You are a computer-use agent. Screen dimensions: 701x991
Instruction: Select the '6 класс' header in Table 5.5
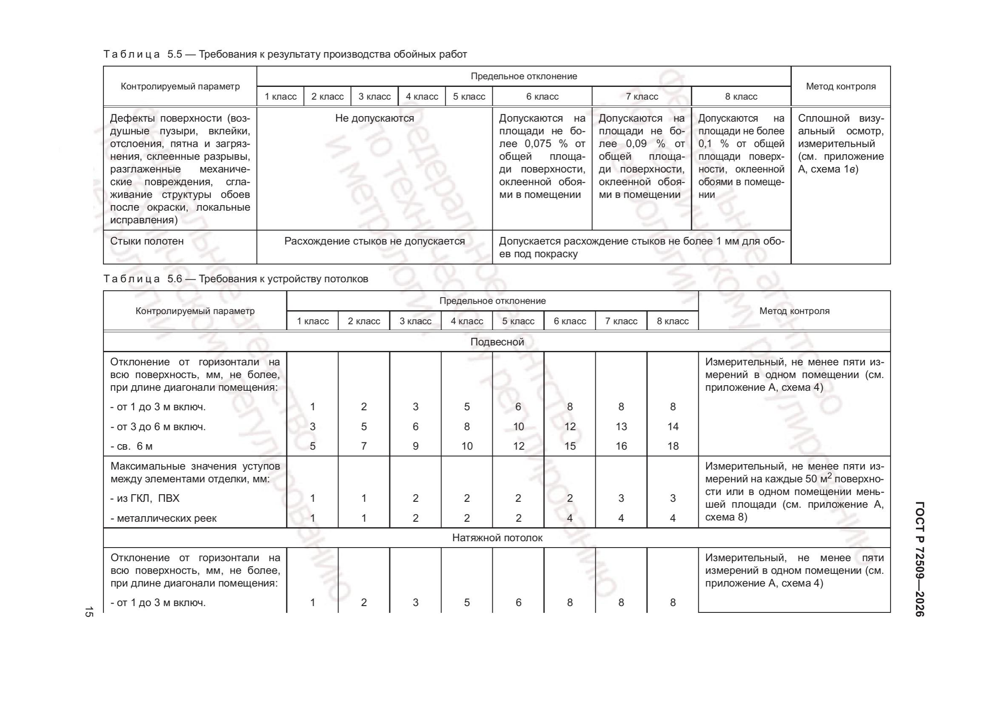(542, 97)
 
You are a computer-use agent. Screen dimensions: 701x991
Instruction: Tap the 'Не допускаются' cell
(374, 118)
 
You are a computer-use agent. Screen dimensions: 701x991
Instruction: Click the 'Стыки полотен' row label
(147, 241)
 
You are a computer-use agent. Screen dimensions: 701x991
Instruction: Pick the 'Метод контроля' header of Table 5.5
(840, 86)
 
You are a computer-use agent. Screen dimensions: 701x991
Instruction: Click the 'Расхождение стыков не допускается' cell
(374, 241)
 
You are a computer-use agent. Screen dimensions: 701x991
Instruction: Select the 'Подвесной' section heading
(497, 342)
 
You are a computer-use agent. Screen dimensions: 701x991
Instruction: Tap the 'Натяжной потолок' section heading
(497, 538)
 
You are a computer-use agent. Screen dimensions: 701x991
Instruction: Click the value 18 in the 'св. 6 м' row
(672, 446)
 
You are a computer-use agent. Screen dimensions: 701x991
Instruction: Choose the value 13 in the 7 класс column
(621, 427)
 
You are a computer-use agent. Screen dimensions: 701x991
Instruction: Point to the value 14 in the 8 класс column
(672, 427)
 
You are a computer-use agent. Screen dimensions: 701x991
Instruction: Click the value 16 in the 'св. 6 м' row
(621, 446)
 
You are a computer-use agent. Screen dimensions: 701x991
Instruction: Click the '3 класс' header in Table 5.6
(415, 321)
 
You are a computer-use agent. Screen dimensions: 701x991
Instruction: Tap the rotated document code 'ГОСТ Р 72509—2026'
(919, 559)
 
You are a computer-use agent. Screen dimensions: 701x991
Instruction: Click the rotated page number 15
(89, 612)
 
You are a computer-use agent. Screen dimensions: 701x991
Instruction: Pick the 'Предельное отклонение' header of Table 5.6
(492, 301)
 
